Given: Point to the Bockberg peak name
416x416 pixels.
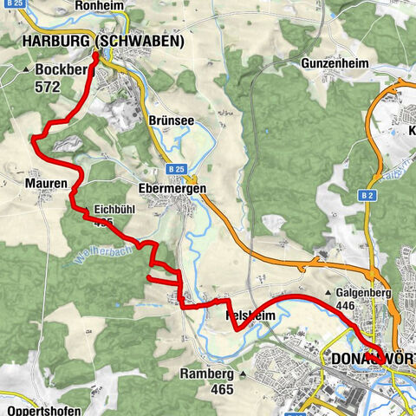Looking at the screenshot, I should tap(61, 70).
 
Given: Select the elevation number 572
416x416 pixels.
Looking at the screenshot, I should tap(49, 87).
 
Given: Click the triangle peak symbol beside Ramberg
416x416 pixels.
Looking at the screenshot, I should tap(244, 374).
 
